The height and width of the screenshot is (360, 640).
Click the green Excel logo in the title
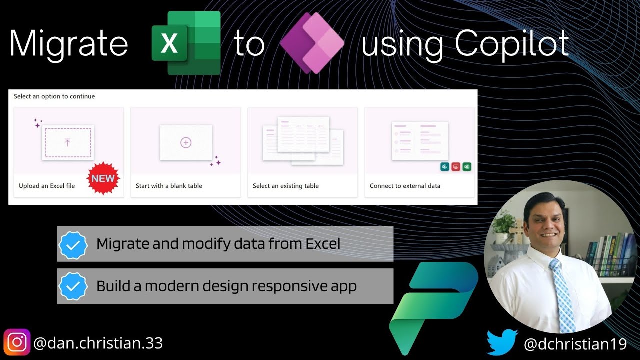pos(186,43)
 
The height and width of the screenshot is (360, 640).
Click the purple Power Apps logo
pos(312,43)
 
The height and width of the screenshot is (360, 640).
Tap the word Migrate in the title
pos(69,44)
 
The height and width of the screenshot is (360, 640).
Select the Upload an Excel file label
pos(47,186)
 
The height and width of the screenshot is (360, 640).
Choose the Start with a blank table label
pos(169,186)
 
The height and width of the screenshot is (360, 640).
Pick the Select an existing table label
pos(285,186)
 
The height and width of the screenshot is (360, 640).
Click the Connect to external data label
pos(405,186)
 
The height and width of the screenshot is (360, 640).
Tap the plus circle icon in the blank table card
pos(186,143)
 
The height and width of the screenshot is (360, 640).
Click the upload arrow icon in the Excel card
pos(68,143)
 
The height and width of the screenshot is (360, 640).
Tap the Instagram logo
pos(17,343)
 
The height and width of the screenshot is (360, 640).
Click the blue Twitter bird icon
pos(501,342)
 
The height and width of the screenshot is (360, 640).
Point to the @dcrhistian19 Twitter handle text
pos(575,344)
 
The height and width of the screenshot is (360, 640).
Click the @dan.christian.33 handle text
pos(98,343)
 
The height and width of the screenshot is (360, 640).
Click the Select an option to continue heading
pos(54,96)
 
